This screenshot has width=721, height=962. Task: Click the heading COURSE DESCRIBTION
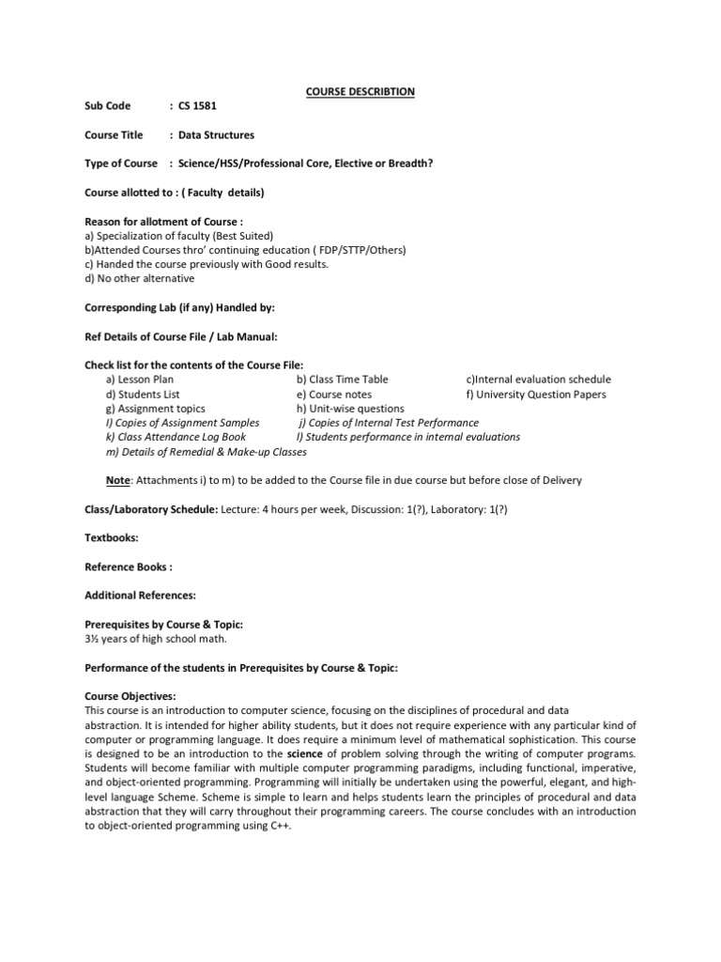(360, 91)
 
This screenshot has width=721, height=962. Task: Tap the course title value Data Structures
(217, 135)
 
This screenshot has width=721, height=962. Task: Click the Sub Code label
(108, 106)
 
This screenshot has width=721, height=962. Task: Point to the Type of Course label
(121, 163)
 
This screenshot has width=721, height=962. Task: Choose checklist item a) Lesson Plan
(140, 380)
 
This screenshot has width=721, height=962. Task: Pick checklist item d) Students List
(143, 395)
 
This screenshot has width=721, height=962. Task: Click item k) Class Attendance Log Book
(176, 437)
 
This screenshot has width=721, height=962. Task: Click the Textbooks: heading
(112, 538)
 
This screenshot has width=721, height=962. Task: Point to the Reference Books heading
(129, 567)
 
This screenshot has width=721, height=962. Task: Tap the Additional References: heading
(140, 596)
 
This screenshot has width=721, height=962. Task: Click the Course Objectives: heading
(130, 697)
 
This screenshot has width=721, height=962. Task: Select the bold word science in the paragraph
(304, 754)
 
